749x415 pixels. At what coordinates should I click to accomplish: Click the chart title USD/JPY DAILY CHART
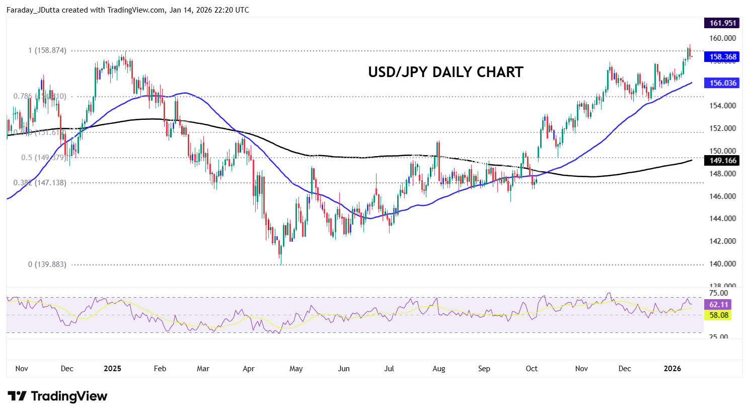[x=445, y=72]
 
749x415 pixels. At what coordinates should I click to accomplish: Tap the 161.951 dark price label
[x=722, y=23]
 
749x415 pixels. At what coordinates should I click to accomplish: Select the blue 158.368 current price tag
[x=722, y=57]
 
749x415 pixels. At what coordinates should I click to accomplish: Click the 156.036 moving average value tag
[x=722, y=83]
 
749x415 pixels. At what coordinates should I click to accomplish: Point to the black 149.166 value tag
[x=722, y=161]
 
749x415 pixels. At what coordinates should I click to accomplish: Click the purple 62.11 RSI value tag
[x=718, y=305]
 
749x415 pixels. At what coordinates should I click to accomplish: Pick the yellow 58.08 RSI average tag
[x=718, y=315]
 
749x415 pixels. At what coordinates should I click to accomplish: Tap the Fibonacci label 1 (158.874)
[x=47, y=50]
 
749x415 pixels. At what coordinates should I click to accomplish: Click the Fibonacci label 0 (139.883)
[x=47, y=264]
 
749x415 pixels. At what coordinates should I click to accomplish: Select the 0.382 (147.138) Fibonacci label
[x=40, y=183]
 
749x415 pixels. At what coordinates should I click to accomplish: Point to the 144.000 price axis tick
[x=722, y=219]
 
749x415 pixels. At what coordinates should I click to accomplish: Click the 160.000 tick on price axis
[x=722, y=38]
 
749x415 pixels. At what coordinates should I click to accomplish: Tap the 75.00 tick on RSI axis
[x=718, y=293]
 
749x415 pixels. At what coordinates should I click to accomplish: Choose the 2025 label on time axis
[x=112, y=369]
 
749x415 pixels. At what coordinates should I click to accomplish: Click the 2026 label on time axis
[x=672, y=369]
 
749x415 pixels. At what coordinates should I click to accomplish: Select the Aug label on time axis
[x=438, y=369]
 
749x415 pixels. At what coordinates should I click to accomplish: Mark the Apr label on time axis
[x=248, y=369]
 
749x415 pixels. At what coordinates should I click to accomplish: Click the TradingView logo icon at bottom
[x=17, y=396]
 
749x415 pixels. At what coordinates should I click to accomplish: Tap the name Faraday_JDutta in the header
[x=33, y=10]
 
